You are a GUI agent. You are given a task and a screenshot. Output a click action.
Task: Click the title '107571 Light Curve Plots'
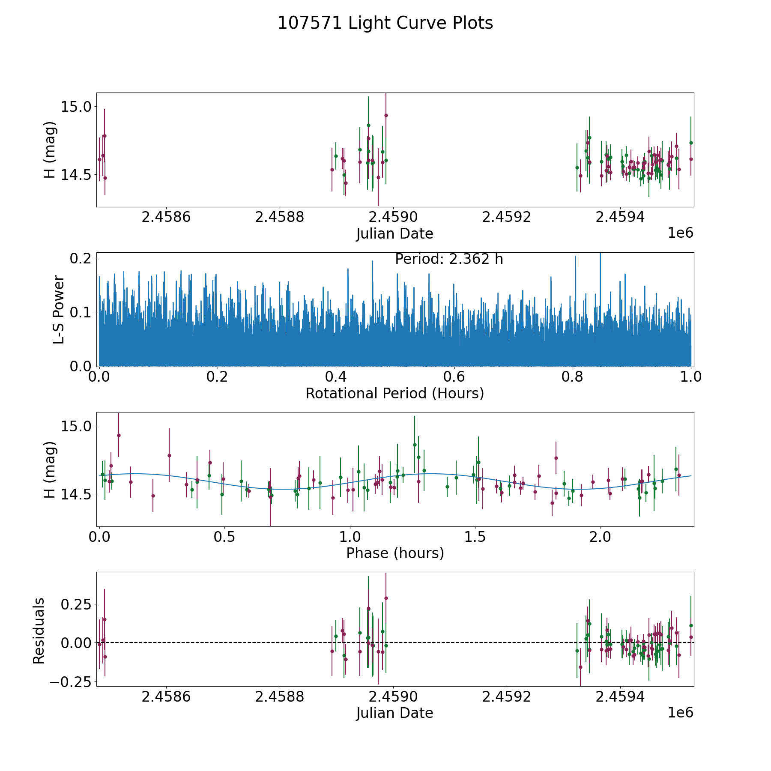(385, 23)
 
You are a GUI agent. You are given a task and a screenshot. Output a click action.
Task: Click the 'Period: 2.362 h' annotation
(449, 259)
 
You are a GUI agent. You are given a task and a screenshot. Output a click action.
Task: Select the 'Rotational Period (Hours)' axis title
(394, 393)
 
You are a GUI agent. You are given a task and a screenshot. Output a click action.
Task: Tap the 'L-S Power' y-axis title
(59, 309)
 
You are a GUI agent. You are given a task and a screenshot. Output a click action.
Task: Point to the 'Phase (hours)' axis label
(395, 553)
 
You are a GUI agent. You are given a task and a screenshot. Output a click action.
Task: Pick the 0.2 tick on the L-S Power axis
(81, 258)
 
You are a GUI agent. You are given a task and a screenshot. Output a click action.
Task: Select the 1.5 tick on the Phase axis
(475, 537)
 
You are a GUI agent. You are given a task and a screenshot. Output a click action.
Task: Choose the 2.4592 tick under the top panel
(507, 217)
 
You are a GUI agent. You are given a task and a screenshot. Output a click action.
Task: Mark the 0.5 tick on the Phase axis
(224, 537)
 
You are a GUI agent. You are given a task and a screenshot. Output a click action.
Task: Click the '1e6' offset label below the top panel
(680, 233)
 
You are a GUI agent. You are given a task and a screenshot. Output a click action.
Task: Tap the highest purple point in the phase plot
(119, 435)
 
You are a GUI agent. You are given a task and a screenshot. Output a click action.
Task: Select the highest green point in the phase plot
(415, 445)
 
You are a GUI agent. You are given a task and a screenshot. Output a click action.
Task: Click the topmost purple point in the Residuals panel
(386, 598)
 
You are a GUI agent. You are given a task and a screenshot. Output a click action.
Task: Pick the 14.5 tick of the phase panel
(73, 494)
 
